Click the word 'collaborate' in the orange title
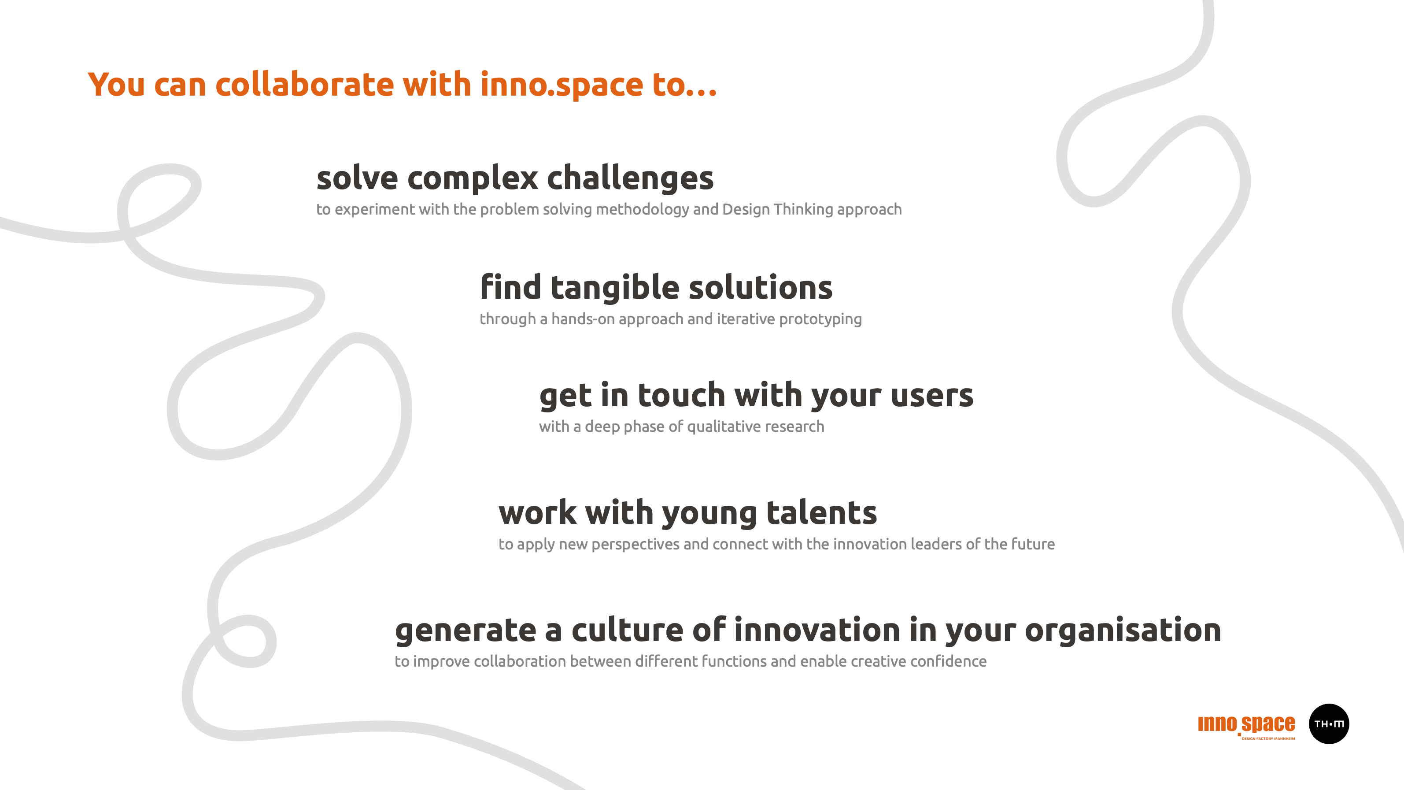pos(305,85)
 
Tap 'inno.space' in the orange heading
pos(562,85)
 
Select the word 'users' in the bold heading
pos(932,396)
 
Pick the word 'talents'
pos(822,513)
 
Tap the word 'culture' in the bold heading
pos(627,630)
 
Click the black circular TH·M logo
pos(1329,724)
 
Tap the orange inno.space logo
pos(1246,725)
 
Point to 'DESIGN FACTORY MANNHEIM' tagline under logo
pos(1268,739)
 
